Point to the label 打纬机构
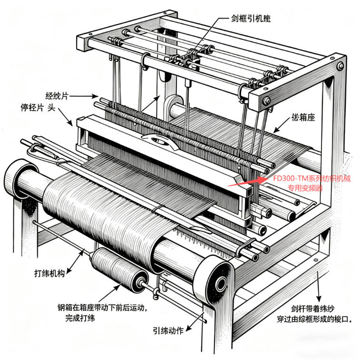point(49,273)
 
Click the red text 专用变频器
point(306,188)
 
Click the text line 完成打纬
point(80,318)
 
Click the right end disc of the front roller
point(217,284)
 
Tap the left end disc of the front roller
point(21,180)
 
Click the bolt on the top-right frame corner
point(340,66)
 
